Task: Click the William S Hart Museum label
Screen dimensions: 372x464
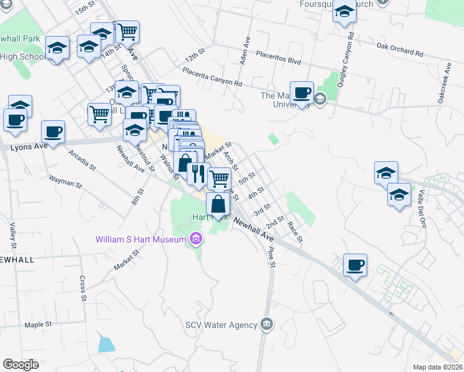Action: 140,239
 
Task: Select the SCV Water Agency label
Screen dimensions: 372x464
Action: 221,325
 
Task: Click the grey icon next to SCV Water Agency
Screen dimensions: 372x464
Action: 267,324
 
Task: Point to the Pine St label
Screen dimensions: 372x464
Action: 271,256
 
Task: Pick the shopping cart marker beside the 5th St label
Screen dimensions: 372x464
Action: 218,179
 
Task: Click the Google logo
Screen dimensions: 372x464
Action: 21,365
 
